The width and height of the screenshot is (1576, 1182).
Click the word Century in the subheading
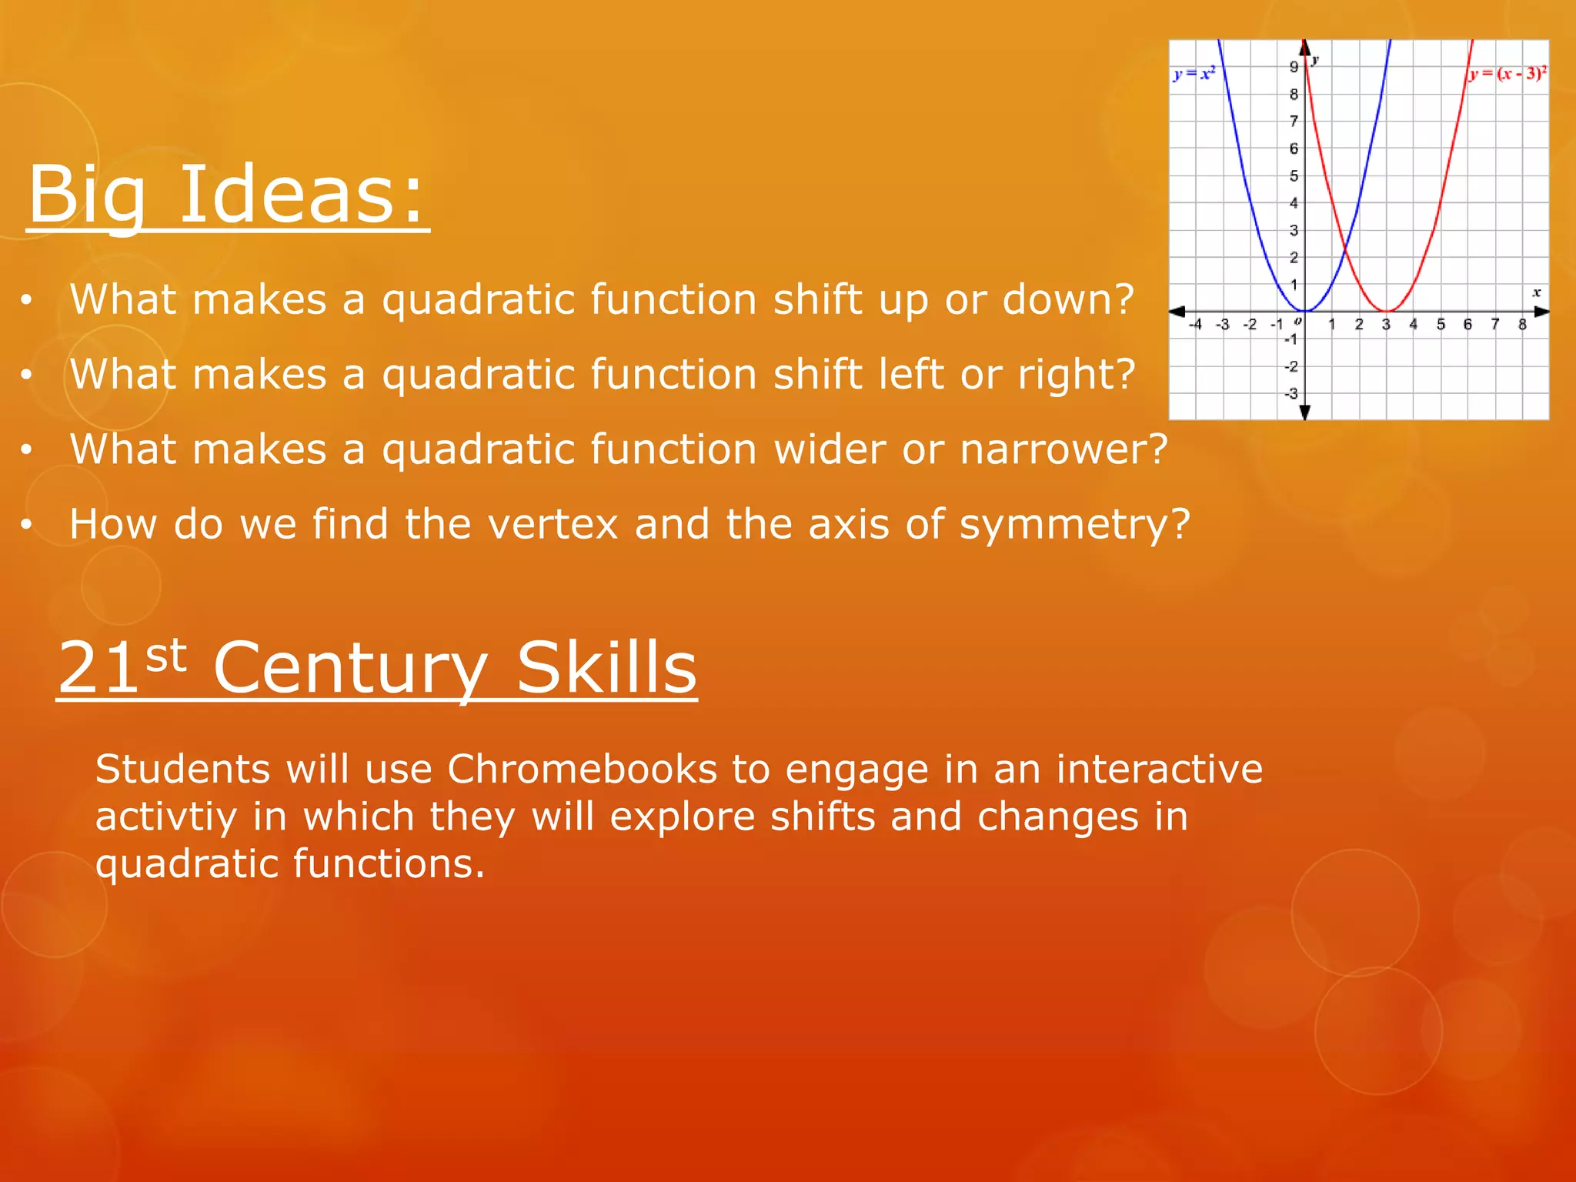pos(350,669)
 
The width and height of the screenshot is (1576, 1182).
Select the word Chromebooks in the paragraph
pos(583,769)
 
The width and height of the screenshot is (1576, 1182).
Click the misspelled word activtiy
pos(165,816)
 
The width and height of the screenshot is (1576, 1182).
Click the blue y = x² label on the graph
pos(1194,75)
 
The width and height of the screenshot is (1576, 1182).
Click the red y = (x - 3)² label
pos(1508,75)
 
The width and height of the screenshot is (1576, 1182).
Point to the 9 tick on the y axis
pos(1294,67)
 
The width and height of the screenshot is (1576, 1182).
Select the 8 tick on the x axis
pos(1522,325)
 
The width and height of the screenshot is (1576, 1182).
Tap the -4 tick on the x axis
pos(1195,325)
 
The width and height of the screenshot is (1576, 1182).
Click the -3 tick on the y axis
pos(1291,394)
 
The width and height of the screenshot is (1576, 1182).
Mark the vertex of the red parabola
pos(1386,311)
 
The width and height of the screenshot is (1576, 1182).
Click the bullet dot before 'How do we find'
pos(26,525)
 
